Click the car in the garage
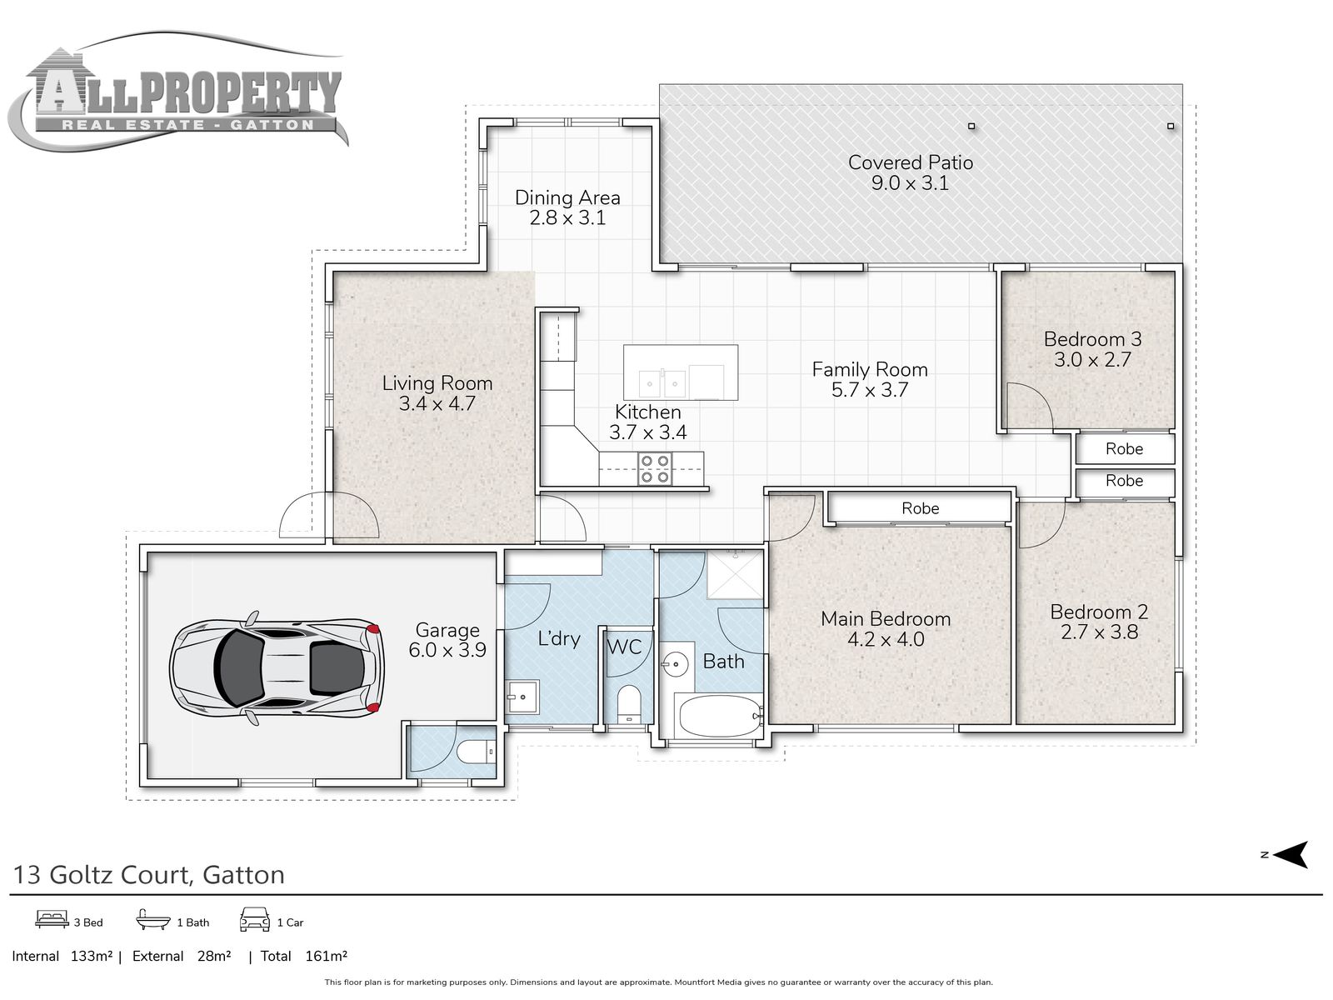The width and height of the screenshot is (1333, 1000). tap(277, 668)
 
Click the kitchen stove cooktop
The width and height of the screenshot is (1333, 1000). tap(655, 468)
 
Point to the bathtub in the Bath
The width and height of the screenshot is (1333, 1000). tap(721, 717)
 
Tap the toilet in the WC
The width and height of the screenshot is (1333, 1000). tap(628, 704)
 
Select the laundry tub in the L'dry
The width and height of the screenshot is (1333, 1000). tap(522, 697)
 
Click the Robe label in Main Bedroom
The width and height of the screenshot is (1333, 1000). tap(920, 508)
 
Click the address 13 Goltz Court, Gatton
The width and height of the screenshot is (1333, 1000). tap(149, 875)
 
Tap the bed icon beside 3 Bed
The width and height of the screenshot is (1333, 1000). tap(52, 921)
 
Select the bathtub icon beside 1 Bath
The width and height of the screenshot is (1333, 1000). tap(153, 920)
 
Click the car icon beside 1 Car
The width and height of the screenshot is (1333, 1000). tap(255, 920)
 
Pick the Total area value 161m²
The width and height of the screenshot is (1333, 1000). tap(326, 957)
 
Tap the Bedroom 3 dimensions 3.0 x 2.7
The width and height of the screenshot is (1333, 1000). tap(1092, 360)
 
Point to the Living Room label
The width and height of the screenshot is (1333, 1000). tap(437, 383)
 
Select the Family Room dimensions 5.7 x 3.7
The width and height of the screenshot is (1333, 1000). tap(870, 390)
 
